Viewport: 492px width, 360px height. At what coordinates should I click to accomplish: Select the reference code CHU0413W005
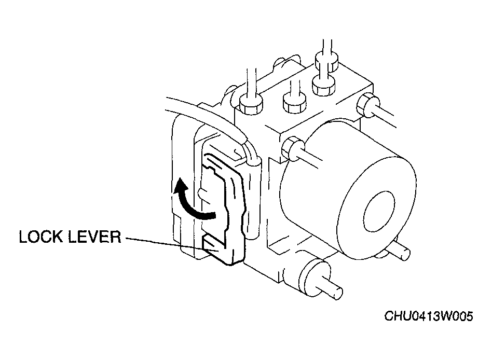pyautogui.click(x=429, y=316)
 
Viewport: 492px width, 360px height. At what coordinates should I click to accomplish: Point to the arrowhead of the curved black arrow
pyautogui.click(x=180, y=185)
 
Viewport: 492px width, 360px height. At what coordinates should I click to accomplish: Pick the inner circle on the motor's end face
pyautogui.click(x=379, y=211)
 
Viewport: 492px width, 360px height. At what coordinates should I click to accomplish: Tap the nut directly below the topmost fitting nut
pyautogui.click(x=324, y=85)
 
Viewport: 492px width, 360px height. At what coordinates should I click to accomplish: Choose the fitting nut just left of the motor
pyautogui.click(x=292, y=148)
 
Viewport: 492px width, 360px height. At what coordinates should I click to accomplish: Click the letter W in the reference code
pyautogui.click(x=447, y=316)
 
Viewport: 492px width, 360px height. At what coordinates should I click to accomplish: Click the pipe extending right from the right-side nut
pyautogui.click(x=387, y=116)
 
